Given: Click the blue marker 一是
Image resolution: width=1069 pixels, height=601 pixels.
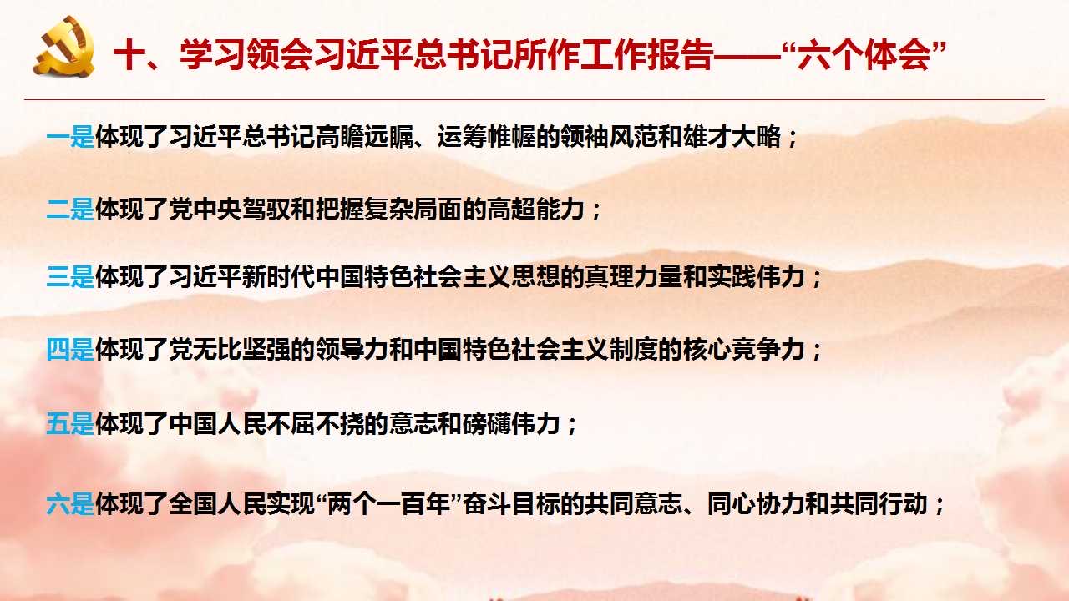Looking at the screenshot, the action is tap(70, 137).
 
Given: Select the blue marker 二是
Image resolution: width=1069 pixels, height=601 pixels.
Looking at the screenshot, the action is tap(70, 210).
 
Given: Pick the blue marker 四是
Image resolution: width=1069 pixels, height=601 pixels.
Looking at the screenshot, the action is tap(70, 350).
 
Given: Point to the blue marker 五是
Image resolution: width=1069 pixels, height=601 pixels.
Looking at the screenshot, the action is tap(70, 423).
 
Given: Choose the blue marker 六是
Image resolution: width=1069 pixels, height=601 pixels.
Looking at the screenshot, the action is tap(70, 504).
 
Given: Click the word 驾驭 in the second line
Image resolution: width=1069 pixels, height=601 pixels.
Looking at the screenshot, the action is tap(266, 210).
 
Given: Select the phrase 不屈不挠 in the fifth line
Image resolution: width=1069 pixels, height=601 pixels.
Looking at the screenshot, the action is tap(315, 423).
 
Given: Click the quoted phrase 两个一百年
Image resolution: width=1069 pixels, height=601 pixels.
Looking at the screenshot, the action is tap(389, 504).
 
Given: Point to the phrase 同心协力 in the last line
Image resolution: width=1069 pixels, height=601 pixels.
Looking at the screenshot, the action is tap(756, 504).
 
